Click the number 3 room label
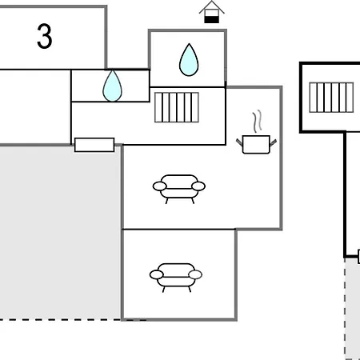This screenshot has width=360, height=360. [45, 36]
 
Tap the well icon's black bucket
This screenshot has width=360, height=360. [212, 19]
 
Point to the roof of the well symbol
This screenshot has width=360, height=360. [212, 7]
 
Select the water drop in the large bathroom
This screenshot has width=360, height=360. [189, 60]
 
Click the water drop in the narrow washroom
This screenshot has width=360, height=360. [112, 86]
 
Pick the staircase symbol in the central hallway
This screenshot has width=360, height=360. [177, 107]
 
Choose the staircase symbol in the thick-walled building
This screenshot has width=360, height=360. [331, 98]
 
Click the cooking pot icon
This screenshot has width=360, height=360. [256, 144]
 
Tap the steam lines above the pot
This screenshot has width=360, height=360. [257, 122]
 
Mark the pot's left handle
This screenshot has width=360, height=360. [239, 142]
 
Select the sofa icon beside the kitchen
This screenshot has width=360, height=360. [179, 189]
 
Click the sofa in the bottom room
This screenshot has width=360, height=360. [176, 278]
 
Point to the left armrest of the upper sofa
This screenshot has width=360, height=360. [159, 186]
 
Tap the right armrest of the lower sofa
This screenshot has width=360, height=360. [195, 274]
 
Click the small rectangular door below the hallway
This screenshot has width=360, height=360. [94, 145]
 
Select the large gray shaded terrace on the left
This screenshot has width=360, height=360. [60, 232]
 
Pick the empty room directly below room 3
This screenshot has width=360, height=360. [35, 107]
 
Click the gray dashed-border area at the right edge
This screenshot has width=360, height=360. [353, 309]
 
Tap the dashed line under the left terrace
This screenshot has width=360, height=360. [73, 319]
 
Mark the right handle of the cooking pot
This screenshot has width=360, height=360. [274, 142]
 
